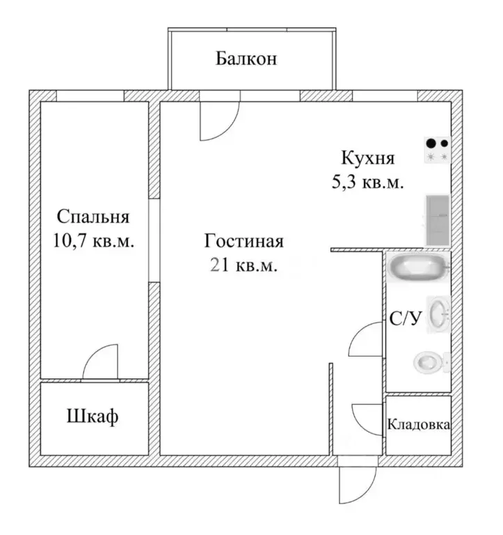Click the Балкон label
(246, 59)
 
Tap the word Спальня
(93, 217)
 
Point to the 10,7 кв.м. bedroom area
(93, 240)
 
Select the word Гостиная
(243, 240)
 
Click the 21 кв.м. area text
(243, 265)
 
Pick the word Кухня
(368, 158)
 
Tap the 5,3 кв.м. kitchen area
(368, 183)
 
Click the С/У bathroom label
(406, 318)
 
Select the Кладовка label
(419, 425)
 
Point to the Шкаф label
(93, 417)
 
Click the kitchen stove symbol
(438, 150)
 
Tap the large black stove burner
(431, 144)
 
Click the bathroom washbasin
(439, 314)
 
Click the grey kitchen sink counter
(438, 220)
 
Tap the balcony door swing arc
(229, 130)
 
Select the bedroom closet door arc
(92, 355)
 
